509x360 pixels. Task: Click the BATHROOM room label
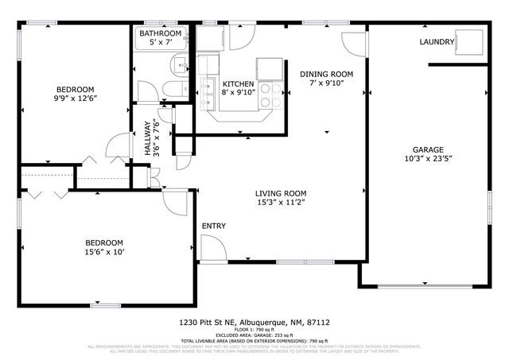click(160, 33)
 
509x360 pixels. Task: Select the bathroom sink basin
click(181, 66)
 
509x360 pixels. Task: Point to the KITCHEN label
click(238, 83)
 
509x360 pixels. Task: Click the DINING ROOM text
click(326, 74)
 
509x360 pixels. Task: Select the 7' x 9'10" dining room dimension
click(326, 84)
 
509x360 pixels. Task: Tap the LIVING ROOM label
click(281, 193)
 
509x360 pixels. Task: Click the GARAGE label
click(427, 149)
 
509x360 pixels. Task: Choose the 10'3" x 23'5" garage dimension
click(427, 160)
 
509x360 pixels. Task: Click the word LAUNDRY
click(437, 42)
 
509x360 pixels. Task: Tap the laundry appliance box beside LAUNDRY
click(472, 41)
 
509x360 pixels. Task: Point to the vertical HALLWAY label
click(148, 137)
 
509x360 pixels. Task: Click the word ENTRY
click(213, 226)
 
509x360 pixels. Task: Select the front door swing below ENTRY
click(210, 250)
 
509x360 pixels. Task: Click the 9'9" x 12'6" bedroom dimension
click(75, 99)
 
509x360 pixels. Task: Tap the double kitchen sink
click(208, 93)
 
